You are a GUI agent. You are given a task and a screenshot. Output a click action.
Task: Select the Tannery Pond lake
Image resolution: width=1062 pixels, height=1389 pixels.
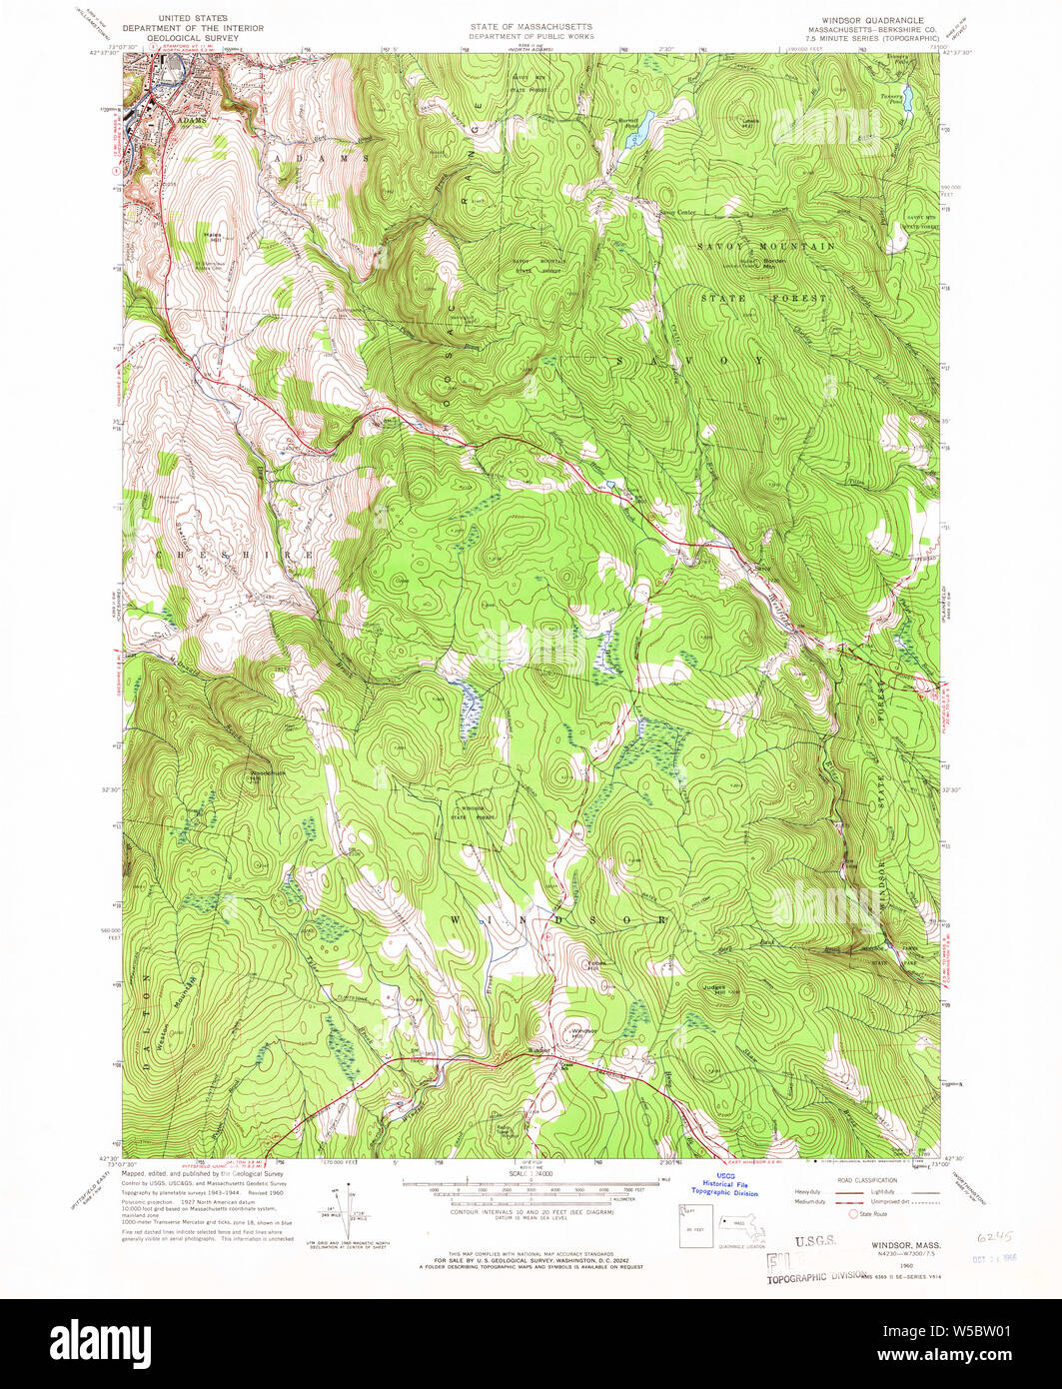(907, 97)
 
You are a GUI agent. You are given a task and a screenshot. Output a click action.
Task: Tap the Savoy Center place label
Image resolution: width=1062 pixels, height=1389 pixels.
(675, 212)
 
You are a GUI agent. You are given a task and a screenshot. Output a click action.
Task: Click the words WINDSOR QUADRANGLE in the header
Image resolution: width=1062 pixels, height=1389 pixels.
(867, 20)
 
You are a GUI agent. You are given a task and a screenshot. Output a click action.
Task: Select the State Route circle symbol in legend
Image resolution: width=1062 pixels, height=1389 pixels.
(851, 1215)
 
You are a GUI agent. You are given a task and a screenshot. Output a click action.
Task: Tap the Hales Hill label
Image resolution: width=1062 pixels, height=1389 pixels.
(212, 236)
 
